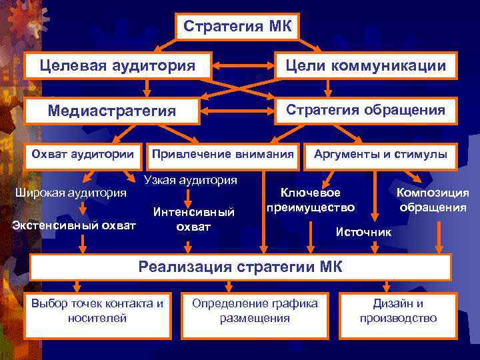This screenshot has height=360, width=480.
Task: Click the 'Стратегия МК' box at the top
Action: pos(238,27)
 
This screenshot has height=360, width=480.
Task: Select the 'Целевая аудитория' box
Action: pos(117,65)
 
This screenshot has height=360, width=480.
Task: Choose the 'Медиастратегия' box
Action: pos(112,111)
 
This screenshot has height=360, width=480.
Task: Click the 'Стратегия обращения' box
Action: pos(366,110)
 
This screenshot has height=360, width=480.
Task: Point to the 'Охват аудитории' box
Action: pos(83,155)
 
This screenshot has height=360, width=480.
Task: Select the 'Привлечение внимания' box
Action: pos(223,155)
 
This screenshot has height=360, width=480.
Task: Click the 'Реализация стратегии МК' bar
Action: pos(240,267)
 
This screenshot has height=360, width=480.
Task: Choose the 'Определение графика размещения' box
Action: pos(255,311)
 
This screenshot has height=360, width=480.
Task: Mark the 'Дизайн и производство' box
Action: pos(398,311)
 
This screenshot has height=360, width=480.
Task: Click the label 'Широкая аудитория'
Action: pos(71,193)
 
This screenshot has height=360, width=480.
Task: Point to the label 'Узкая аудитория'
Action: pos(191,180)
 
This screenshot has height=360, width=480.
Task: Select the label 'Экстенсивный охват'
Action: pos(74,224)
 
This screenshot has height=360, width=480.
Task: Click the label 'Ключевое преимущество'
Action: pos(311,200)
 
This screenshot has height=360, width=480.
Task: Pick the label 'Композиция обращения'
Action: pos(433,200)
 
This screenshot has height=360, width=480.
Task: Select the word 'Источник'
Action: pos(363,232)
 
